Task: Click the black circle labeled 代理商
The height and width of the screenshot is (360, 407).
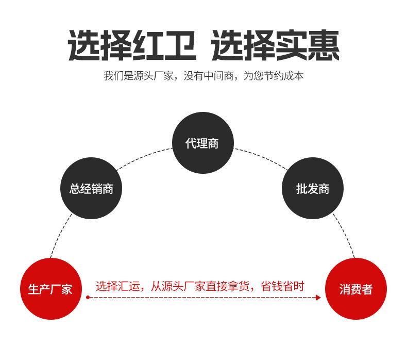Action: [202, 143]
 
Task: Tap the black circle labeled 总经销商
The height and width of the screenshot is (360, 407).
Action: [91, 189]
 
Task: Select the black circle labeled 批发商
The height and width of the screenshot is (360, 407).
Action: [313, 189]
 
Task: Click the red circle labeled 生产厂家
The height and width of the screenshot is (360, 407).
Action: [50, 288]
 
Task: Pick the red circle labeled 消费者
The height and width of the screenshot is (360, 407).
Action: [355, 289]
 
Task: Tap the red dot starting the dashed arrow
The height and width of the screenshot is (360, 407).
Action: [88, 298]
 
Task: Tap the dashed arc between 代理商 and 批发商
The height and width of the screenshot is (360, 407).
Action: [263, 157]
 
